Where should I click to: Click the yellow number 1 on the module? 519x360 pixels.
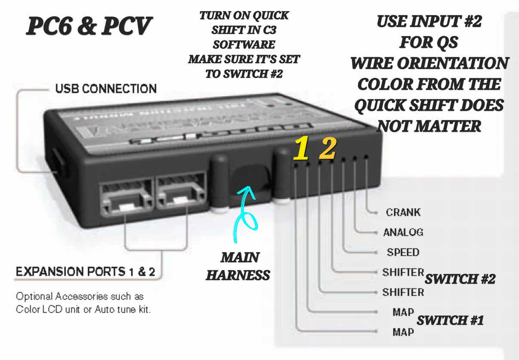point(301,149)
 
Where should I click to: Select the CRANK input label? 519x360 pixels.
point(403,212)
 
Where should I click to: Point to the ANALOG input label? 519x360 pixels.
point(403,232)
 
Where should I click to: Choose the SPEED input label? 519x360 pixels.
point(403,252)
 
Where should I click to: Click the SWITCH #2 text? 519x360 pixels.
point(460,279)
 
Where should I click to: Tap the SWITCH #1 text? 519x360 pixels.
point(450,320)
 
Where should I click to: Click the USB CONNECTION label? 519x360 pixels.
point(106,89)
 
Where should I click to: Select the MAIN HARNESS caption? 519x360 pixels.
point(238,266)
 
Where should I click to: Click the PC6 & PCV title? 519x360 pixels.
point(89,26)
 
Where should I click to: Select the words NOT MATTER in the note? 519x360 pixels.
point(429,126)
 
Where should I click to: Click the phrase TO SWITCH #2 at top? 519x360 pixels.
point(244,74)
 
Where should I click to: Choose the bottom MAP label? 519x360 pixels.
point(403,332)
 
